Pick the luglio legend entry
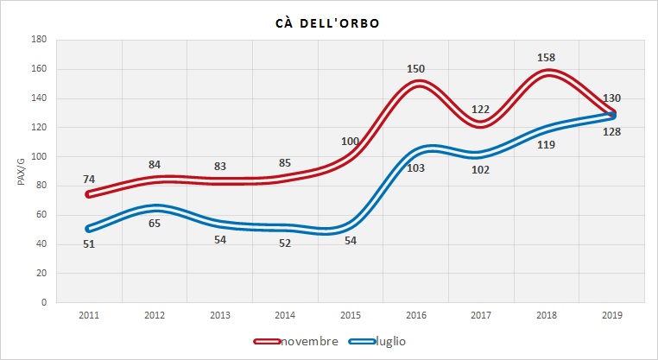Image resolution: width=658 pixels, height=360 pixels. point(388,341)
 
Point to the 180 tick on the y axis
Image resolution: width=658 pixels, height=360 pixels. point(39,40)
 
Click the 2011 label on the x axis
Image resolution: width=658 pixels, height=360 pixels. point(89,315)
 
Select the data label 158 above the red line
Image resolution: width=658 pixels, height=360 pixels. point(548,59)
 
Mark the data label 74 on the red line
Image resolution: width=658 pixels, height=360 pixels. point(89,180)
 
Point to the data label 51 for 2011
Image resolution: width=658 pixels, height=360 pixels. point(89,243)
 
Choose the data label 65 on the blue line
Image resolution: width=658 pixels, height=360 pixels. point(155,224)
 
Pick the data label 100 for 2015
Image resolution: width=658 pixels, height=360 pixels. point(351,141)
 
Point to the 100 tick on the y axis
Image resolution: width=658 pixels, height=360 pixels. point(39,156)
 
